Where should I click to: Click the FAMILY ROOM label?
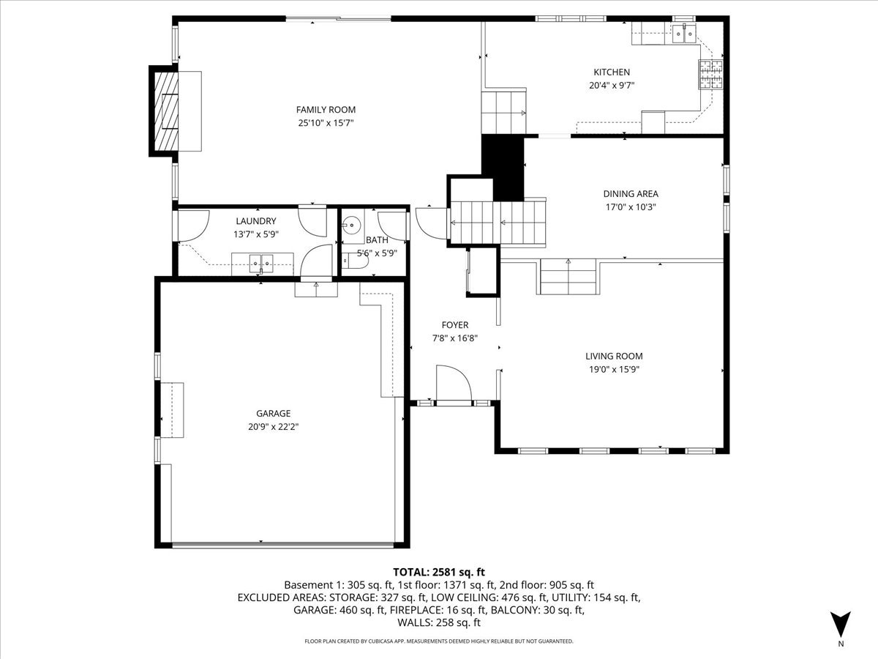click(315, 110)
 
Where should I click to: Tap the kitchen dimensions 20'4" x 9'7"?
click(611, 85)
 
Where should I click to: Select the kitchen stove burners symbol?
click(710, 74)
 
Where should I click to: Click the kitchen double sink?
click(685, 32)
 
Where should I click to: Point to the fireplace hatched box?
click(170, 110)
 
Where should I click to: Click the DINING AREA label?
click(630, 194)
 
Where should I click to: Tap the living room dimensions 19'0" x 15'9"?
click(613, 369)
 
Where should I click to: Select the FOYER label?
click(454, 325)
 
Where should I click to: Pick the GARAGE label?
click(273, 413)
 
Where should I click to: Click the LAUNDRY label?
click(255, 221)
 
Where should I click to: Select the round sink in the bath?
click(354, 225)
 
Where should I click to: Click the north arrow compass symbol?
click(841, 624)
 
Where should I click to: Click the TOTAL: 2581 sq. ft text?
click(439, 572)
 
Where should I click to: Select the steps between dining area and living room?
click(569, 277)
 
